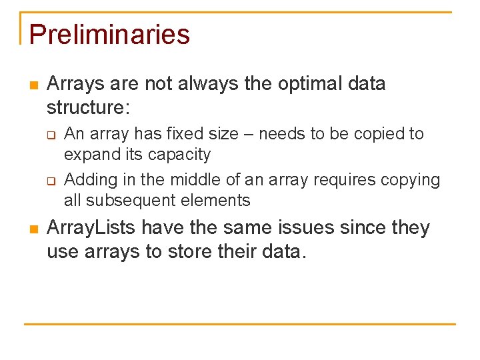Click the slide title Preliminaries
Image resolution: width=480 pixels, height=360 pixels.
109,35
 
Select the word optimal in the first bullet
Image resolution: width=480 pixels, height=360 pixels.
283,84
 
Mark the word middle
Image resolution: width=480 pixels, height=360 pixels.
196,180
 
